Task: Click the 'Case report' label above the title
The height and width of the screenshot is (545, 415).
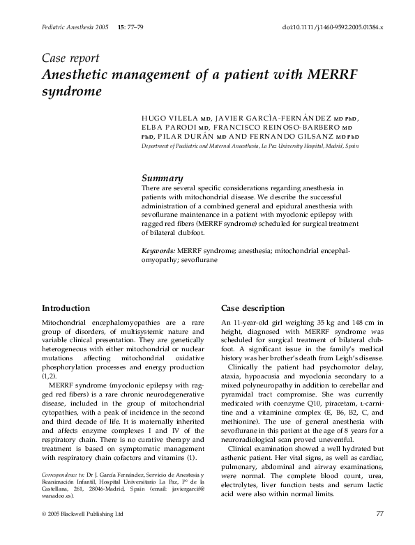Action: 71,58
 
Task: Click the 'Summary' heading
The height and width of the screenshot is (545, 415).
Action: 163,178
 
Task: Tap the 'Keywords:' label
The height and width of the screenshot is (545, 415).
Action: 158,249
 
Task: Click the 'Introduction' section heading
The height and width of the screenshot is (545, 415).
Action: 66,308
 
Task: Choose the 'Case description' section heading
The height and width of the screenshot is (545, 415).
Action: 252,308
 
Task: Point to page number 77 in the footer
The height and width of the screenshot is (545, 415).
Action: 380,534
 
